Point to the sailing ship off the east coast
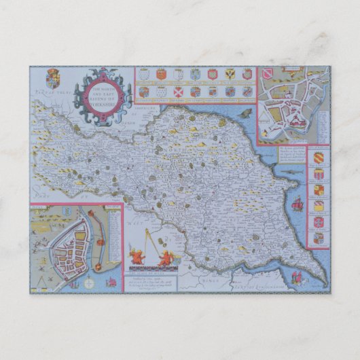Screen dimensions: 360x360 point(295,203)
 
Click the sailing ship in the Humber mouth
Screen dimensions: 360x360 point(297,277)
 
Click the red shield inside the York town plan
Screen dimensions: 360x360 point(270,73)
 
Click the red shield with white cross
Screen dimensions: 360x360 point(178,90)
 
